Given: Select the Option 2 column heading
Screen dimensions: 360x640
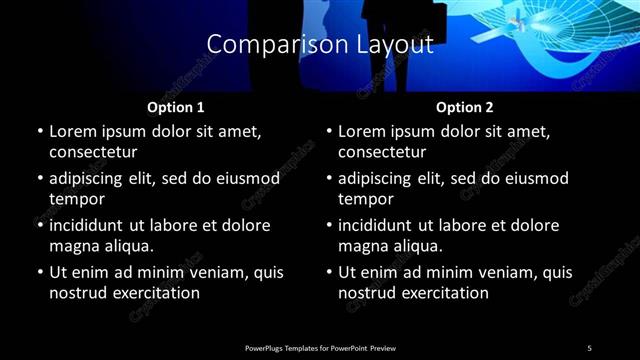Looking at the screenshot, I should (464, 107).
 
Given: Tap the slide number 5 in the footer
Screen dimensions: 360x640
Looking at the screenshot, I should (589, 347).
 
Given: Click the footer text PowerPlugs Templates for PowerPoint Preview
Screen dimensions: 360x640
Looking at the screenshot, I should (320, 347).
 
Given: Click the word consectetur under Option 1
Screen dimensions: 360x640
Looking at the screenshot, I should (93, 152).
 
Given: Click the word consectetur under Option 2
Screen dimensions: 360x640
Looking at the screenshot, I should (382, 152).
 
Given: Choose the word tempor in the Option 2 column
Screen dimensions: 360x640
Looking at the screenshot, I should (367, 199).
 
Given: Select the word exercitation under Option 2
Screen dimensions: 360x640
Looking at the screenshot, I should (443, 293).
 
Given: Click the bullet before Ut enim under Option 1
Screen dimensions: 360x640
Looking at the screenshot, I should (39, 273).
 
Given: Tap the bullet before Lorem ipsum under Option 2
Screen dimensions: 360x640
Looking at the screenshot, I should (328, 132).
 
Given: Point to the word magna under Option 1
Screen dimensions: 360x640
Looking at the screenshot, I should (72, 246).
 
